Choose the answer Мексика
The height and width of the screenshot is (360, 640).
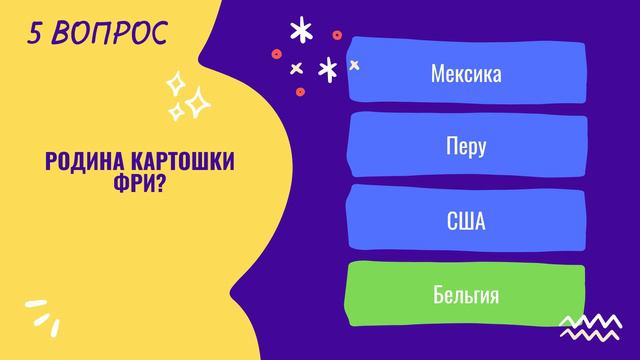click(x=465, y=74)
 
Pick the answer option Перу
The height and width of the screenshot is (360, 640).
click(x=465, y=147)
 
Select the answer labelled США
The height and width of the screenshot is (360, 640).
click(x=465, y=220)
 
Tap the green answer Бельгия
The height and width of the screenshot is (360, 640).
click(x=465, y=295)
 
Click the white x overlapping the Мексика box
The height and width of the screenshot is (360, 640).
click(x=354, y=65)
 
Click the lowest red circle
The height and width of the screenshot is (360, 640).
click(x=300, y=91)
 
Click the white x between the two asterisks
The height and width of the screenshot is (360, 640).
click(x=296, y=68)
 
